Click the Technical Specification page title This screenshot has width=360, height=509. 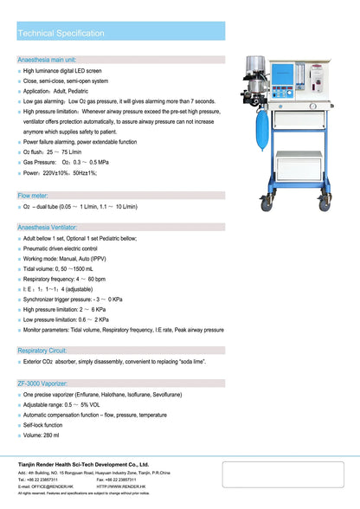[x=61, y=33]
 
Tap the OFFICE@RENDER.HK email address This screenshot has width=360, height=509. [x=53, y=486]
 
